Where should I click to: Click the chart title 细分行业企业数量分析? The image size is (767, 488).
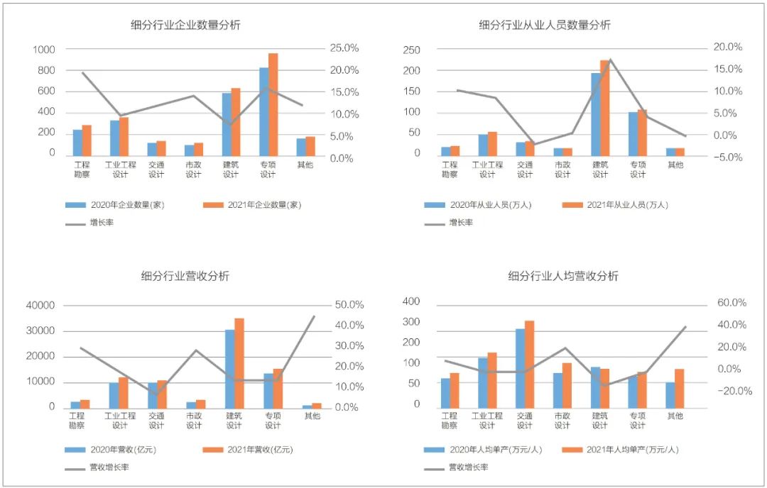click(186, 25)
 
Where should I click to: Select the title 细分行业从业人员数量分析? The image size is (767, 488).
click(545, 25)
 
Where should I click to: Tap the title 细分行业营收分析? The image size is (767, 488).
click(185, 276)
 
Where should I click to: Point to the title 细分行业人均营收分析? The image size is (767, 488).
click(563, 276)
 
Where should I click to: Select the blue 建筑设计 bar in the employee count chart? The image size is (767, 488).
click(596, 113)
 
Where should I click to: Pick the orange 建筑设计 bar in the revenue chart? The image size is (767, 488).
click(239, 362)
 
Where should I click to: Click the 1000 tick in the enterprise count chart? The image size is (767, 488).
click(43, 50)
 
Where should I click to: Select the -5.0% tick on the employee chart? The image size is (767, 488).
click(727, 157)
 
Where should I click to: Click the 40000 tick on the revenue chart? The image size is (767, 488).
click(40, 306)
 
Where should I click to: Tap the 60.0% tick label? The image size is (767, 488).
click(731, 303)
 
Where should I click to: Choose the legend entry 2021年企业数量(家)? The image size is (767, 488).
click(264, 205)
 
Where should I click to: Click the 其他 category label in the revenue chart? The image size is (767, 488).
click(312, 416)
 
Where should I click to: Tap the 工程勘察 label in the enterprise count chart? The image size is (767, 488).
click(82, 169)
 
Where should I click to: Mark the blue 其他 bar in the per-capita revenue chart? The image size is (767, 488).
click(670, 394)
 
